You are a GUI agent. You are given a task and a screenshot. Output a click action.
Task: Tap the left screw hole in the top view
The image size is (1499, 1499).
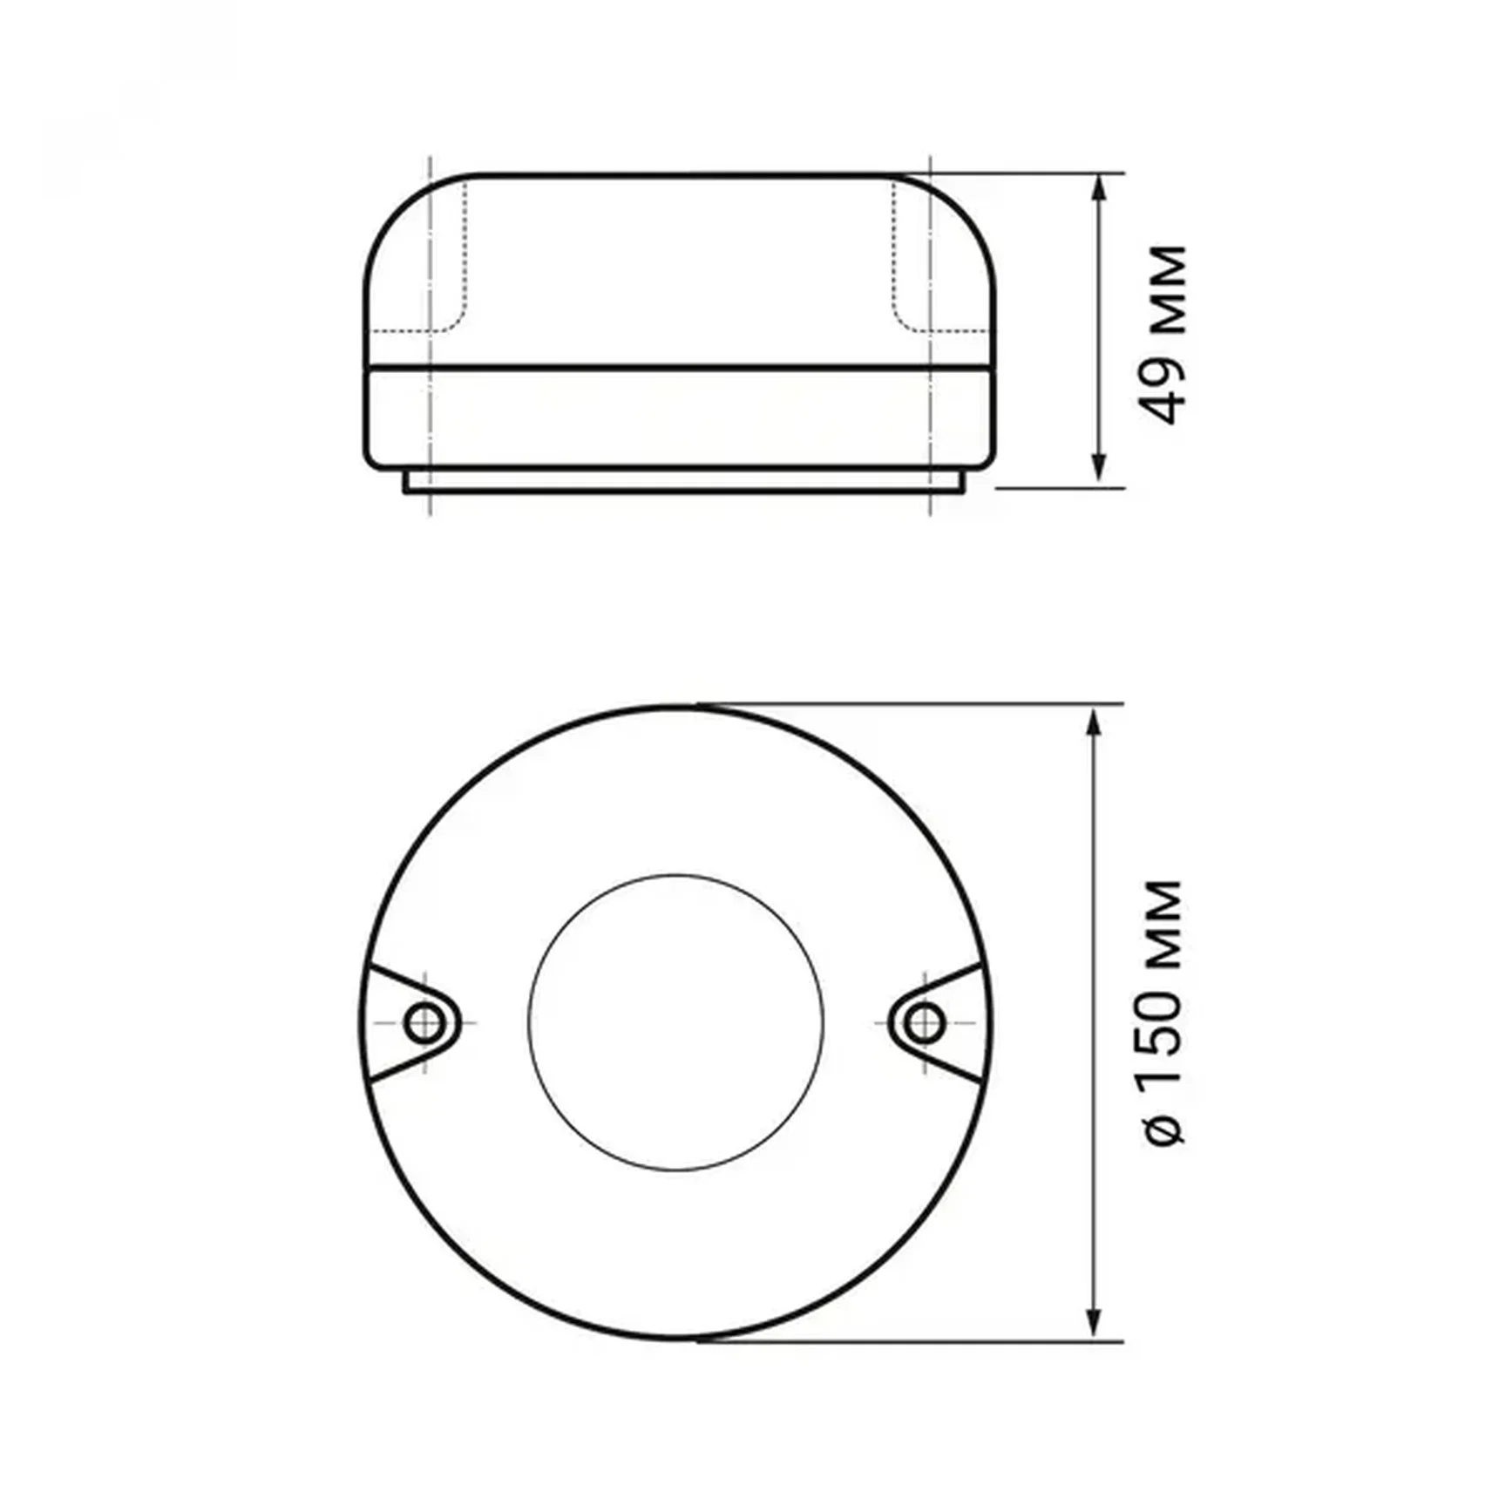pyautogui.click(x=424, y=1021)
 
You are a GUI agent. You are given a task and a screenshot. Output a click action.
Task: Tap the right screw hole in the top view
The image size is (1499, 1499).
pyautogui.click(x=924, y=1021)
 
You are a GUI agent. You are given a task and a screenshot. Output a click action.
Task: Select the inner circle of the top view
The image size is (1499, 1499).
pyautogui.click(x=675, y=1022)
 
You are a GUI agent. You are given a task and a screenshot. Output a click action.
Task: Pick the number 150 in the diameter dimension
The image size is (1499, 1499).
pyautogui.click(x=1163, y=1041)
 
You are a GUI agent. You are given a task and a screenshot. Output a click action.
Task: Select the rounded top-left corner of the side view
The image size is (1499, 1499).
pyautogui.click(x=392, y=209)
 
